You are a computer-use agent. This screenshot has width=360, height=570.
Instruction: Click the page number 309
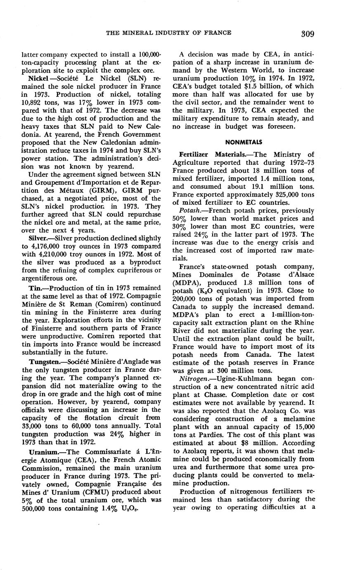pyautogui.click(x=308, y=33)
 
